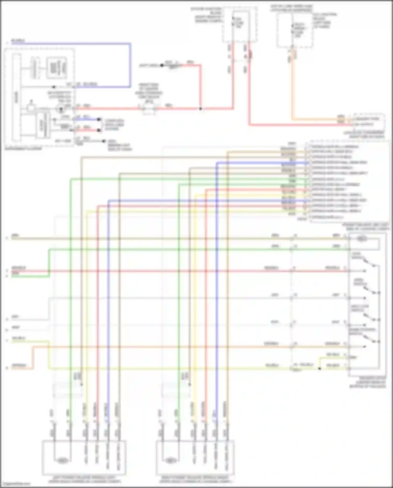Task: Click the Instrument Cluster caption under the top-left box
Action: [23, 149]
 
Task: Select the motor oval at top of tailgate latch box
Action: [362, 239]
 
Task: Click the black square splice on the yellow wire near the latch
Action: [319, 368]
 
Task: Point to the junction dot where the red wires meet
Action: [200, 108]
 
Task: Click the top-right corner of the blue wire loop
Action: [130, 44]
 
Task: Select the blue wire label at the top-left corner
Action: [18, 41]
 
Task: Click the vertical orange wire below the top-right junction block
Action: [293, 87]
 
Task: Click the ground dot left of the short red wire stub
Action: [162, 65]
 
